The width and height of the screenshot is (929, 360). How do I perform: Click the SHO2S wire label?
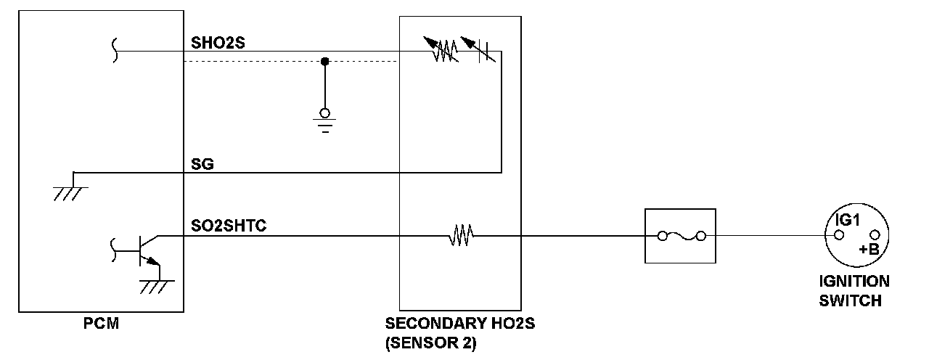click(218, 42)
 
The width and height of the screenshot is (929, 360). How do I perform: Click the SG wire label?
click(202, 164)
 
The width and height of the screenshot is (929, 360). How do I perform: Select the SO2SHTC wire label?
click(229, 226)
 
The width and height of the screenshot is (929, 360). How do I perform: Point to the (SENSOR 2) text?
click(430, 343)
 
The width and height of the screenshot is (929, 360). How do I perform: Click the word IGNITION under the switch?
click(854, 282)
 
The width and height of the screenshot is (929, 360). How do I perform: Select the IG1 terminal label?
click(846, 220)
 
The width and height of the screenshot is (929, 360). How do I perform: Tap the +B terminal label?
click(868, 249)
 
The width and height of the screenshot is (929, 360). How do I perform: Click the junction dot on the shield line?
click(325, 62)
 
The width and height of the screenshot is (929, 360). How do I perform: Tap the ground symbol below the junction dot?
click(325, 120)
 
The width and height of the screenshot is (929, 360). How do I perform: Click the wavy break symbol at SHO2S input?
click(115, 52)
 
